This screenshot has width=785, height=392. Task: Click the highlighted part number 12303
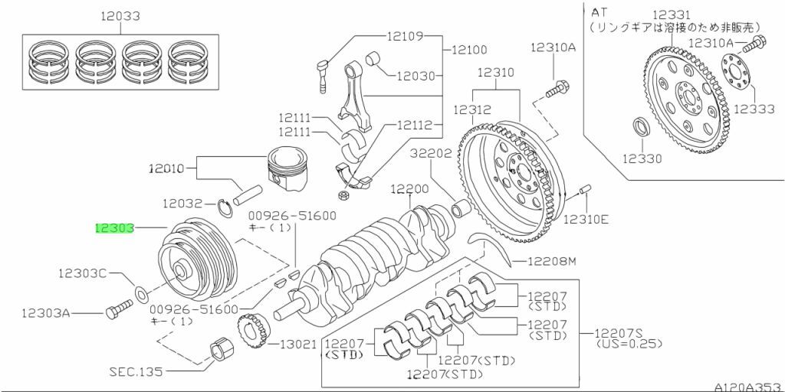(x=114, y=227)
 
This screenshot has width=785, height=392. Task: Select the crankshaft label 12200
(x=409, y=188)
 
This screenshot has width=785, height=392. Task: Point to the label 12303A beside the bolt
(x=45, y=312)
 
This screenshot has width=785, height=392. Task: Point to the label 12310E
(x=586, y=219)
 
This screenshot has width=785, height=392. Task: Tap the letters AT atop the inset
(x=599, y=11)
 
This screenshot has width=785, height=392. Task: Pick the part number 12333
(x=754, y=109)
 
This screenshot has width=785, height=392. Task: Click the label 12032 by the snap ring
(x=182, y=204)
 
